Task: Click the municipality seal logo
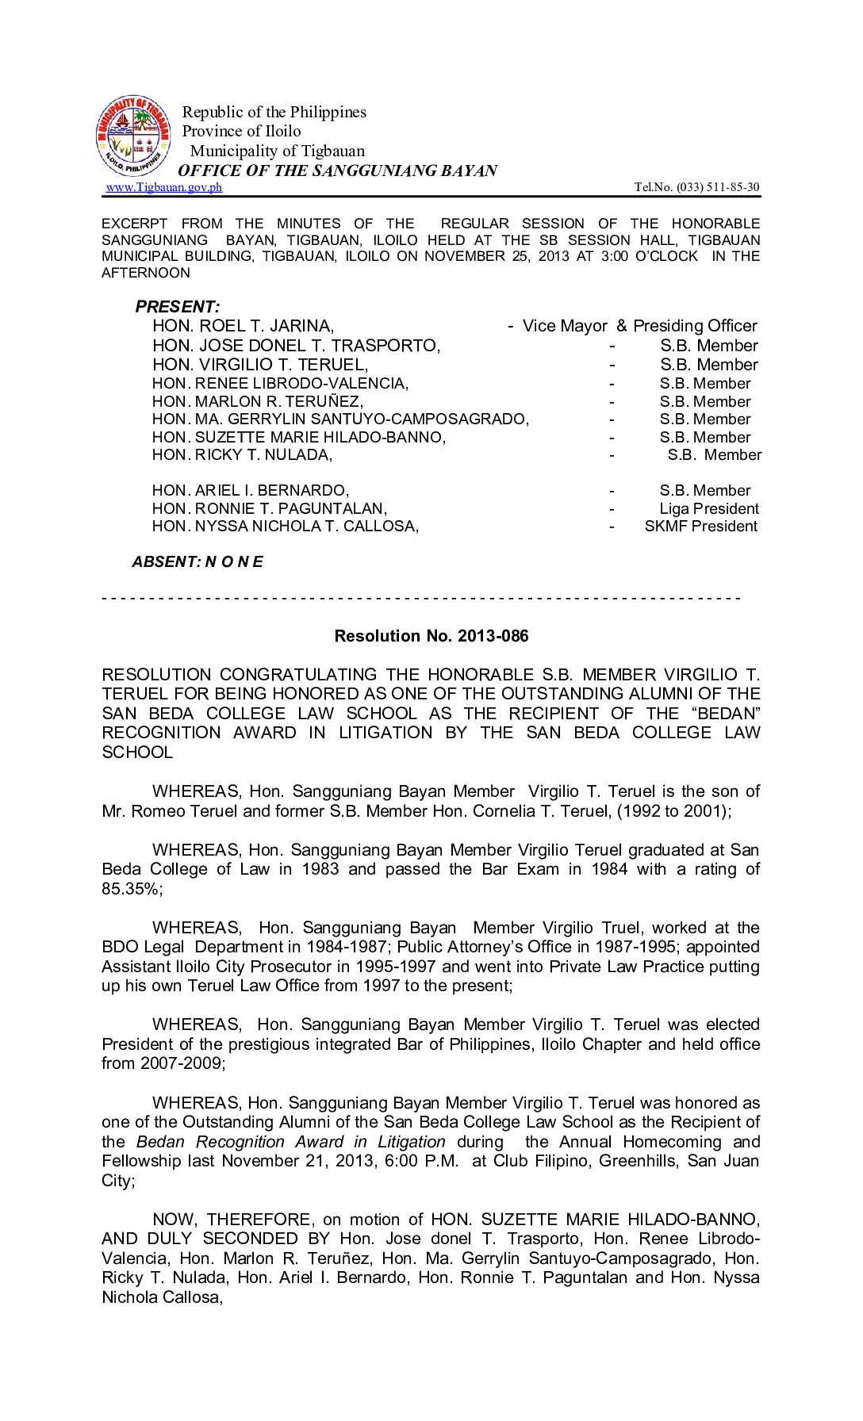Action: point(133,136)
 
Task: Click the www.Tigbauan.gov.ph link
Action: point(164,187)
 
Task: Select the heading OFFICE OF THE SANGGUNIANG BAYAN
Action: point(337,170)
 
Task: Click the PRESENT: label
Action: point(178,307)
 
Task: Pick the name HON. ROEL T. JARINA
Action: point(243,326)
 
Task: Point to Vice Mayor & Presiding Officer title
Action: point(639,326)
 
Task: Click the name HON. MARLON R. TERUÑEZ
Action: point(258,401)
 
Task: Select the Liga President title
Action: point(708,508)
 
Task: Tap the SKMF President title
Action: point(700,526)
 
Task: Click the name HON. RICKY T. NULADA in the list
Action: point(242,454)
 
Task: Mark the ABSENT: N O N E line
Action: point(198,561)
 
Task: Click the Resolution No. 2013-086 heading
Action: point(431,636)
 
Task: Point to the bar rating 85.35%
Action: point(131,889)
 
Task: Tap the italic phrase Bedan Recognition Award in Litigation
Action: point(291,1142)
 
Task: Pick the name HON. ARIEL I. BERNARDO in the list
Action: point(251,490)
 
